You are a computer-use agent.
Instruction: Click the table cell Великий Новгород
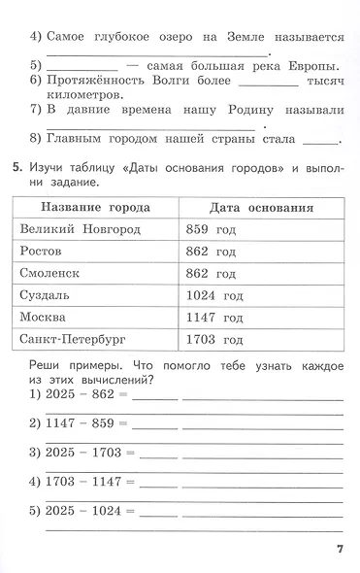click(80, 229)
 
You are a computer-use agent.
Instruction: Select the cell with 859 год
click(211, 229)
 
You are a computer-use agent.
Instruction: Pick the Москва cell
click(44, 318)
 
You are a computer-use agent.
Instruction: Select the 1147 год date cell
click(213, 318)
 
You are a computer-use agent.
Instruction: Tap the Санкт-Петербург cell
click(74, 340)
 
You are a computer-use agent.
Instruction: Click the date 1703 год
click(213, 340)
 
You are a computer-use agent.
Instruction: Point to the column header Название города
click(96, 207)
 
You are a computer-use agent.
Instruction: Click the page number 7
click(340, 550)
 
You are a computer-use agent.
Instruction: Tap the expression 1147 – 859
click(82, 423)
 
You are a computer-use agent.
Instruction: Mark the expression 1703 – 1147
click(85, 481)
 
